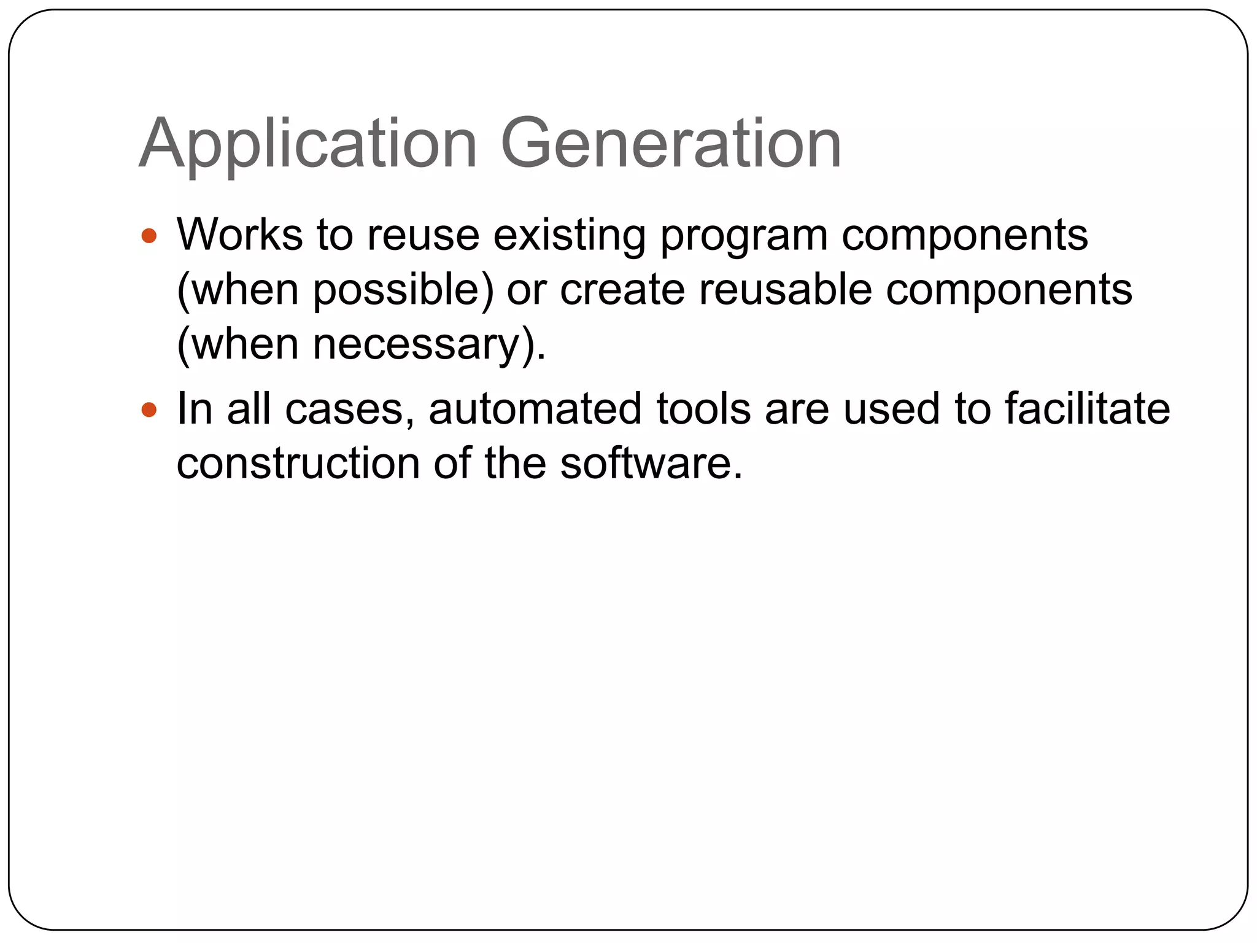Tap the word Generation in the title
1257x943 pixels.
(x=671, y=144)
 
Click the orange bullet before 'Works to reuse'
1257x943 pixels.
(x=149, y=236)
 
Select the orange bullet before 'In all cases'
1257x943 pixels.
(x=149, y=409)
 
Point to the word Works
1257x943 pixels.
(x=240, y=235)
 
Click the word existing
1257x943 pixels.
(x=569, y=236)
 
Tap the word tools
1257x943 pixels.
(x=703, y=409)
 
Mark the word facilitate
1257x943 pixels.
(x=1087, y=409)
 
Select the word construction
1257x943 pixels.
(x=298, y=463)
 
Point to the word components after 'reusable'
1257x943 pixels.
(x=1009, y=290)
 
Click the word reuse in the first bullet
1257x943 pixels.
(x=424, y=236)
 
